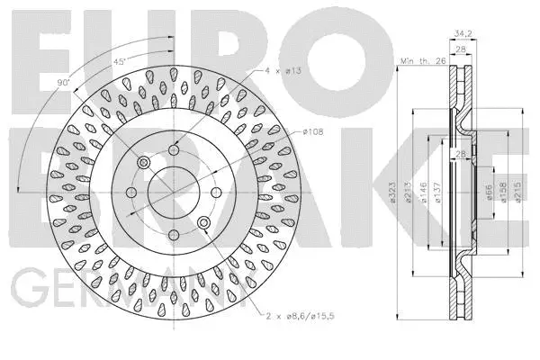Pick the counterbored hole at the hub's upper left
[x=142, y=162]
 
